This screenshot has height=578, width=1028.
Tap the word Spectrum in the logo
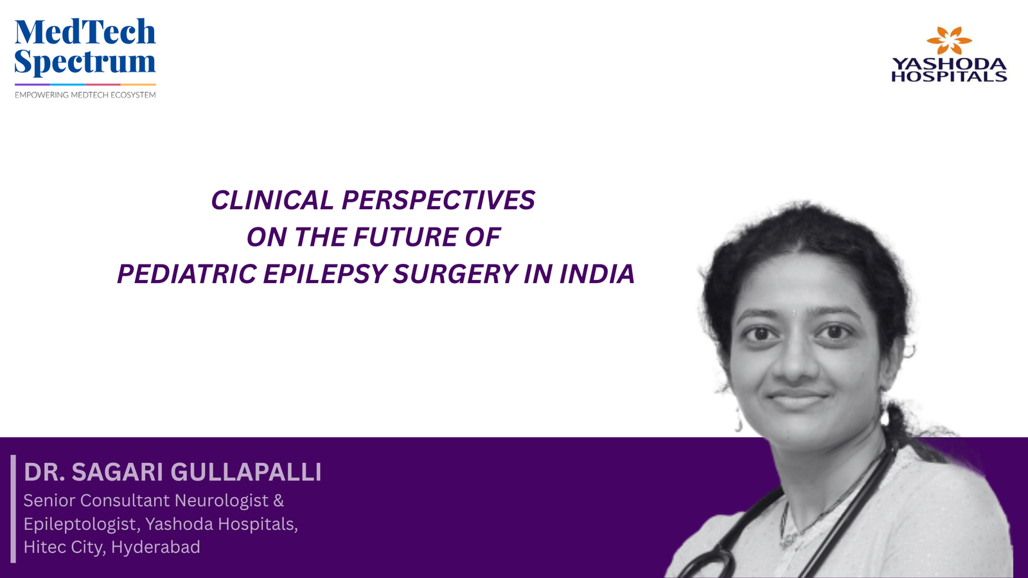pyautogui.click(x=85, y=62)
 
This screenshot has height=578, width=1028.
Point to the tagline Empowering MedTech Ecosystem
pyautogui.click(x=85, y=95)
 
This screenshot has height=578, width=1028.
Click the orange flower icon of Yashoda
pyautogui.click(x=949, y=40)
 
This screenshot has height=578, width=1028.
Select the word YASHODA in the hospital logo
pyautogui.click(x=949, y=64)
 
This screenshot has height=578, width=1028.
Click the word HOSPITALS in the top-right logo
pyautogui.click(x=949, y=76)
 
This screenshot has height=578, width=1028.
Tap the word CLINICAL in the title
pyautogui.click(x=272, y=200)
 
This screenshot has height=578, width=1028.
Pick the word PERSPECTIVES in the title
pyautogui.click(x=438, y=200)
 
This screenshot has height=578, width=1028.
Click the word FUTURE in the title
pyautogui.click(x=405, y=237)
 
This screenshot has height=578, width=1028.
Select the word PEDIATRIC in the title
pyautogui.click(x=186, y=274)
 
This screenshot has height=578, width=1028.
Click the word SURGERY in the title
pyautogui.click(x=455, y=274)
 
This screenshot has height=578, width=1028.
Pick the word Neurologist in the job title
pyautogui.click(x=222, y=500)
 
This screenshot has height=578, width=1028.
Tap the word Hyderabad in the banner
pyautogui.click(x=155, y=547)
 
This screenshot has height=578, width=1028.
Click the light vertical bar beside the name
pyautogui.click(x=13, y=509)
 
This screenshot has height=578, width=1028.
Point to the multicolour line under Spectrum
pyautogui.click(x=85, y=84)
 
